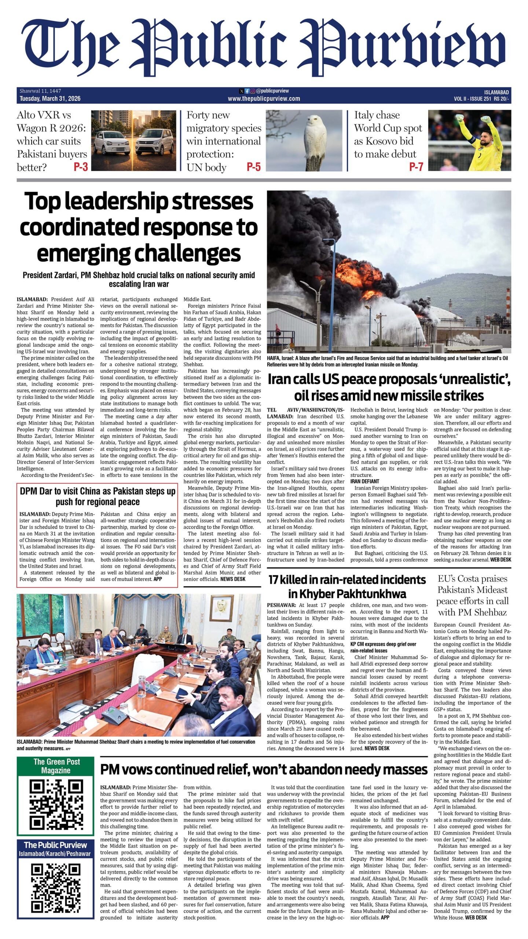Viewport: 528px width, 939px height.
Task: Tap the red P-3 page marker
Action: point(81,167)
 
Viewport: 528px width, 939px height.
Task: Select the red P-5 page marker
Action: point(253,167)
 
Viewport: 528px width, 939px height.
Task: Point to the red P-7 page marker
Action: point(416,167)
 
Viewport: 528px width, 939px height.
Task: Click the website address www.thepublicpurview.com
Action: point(264,99)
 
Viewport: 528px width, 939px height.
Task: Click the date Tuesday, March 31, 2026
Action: point(50,99)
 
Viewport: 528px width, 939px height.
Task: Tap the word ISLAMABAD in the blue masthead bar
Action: point(496,92)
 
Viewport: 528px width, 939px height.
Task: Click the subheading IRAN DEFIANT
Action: point(364,481)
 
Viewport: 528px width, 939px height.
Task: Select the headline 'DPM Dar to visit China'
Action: point(98,496)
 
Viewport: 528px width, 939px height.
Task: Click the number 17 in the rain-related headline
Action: point(274,580)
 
